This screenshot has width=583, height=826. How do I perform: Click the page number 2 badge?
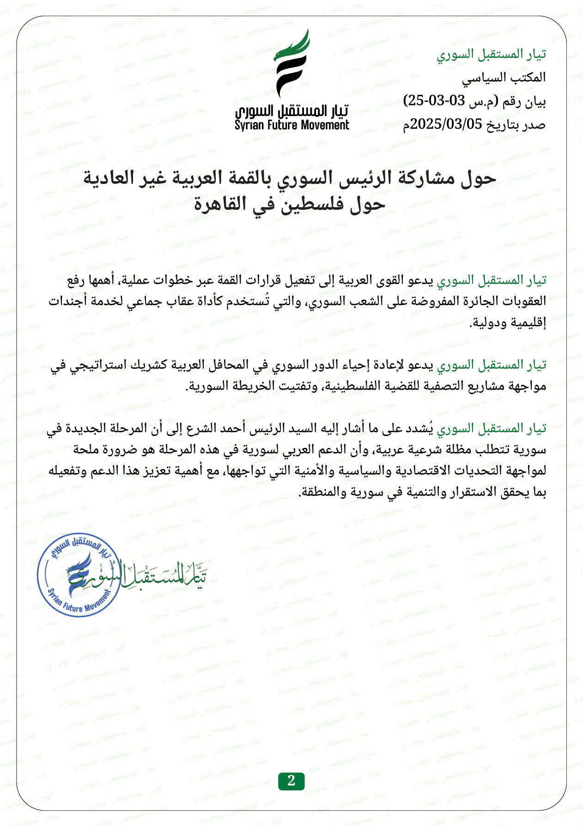tap(291, 781)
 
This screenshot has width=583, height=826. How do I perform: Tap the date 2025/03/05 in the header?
tap(446, 124)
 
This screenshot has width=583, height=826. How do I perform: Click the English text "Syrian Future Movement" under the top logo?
tap(292, 125)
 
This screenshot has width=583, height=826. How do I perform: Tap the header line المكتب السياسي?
tap(504, 77)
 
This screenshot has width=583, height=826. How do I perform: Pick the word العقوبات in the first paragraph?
tap(522, 301)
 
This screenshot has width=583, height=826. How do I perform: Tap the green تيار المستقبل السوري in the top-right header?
tap(492, 54)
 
